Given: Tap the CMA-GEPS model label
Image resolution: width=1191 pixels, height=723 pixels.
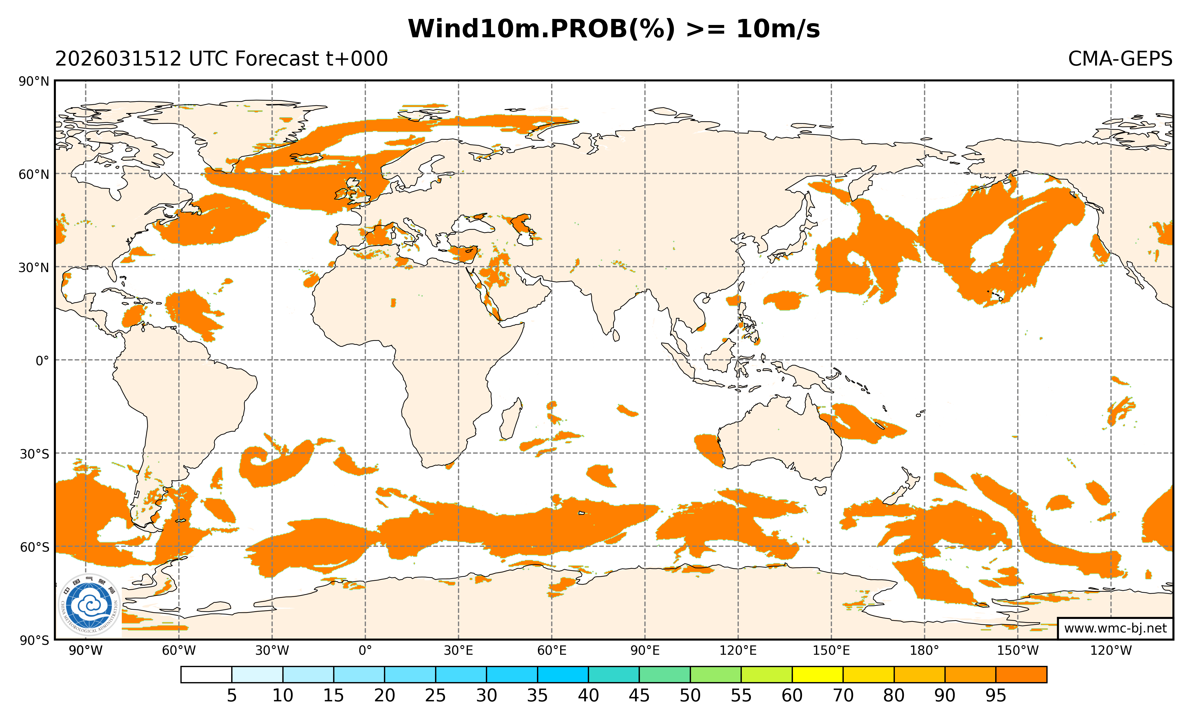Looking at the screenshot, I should tap(1119, 59).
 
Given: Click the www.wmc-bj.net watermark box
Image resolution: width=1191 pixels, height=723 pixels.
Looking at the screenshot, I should tap(1115, 628).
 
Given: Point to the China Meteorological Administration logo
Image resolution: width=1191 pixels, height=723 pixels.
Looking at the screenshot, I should tap(89, 605).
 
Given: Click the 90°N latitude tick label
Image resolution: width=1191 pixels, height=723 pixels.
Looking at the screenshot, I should tap(34, 81).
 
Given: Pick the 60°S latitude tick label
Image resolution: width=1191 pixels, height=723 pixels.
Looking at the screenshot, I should tap(34, 547).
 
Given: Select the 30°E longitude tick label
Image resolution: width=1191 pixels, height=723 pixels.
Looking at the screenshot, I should tap(458, 651).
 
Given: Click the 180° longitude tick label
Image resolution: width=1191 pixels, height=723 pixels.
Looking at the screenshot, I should tap(924, 651).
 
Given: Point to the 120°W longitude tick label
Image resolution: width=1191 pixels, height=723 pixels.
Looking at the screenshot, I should tap(1111, 651).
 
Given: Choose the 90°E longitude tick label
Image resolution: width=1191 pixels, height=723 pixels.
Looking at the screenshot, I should tap(645, 651).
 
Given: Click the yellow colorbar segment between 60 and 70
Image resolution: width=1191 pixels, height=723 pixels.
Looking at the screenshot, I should tap(817, 675).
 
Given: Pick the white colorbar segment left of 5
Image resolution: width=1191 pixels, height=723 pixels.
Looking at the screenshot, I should tap(206, 675).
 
